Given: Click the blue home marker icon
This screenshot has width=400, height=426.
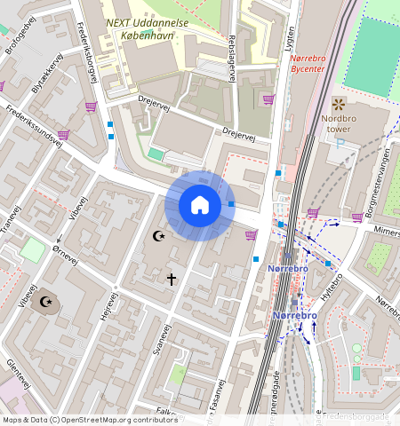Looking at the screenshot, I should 200,205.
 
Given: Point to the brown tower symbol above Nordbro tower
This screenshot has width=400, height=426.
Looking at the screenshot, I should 338,104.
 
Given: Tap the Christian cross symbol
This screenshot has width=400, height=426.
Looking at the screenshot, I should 172,279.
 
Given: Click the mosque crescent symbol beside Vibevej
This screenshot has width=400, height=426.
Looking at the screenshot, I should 160,236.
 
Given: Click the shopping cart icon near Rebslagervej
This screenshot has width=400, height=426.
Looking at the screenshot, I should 268,99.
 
